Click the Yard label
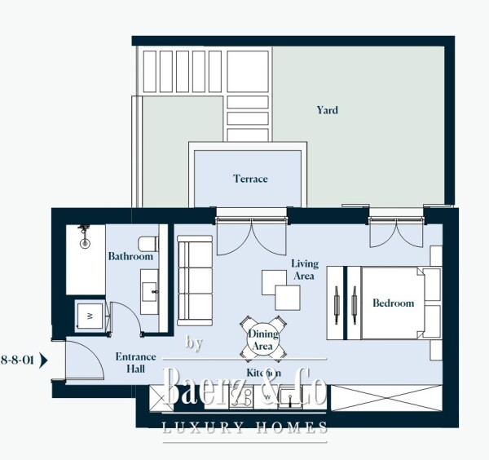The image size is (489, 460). point(327,110)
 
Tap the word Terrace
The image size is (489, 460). point(250,179)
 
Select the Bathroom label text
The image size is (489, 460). point(130,256)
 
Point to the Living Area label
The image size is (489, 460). point(304,270)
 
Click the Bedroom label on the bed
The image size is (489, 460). point(393,303)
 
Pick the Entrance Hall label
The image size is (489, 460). point(130,363)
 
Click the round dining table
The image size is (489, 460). point(262,335)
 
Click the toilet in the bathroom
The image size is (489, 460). point(148,243)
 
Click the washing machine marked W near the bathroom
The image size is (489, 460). point(90,314)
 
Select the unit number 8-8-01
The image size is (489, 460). point(17,358)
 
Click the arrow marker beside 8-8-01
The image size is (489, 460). point(44,358)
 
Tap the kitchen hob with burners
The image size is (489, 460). point(241,397)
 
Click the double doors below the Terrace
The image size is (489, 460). point(251,232)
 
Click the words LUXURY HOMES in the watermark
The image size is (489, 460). point(245,428)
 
